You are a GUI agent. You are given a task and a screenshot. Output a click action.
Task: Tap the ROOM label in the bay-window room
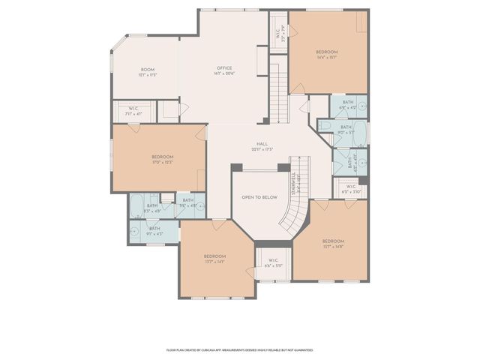(x=147, y=70)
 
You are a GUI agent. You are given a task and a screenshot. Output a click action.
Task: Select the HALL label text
(x=261, y=145)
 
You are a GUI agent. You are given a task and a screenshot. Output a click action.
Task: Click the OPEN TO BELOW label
(x=259, y=197)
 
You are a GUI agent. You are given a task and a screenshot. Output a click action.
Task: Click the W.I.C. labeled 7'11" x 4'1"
(x=133, y=112)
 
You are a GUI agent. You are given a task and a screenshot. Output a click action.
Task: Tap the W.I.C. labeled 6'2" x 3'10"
(x=351, y=189)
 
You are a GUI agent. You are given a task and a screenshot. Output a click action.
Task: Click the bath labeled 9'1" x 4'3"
(x=154, y=231)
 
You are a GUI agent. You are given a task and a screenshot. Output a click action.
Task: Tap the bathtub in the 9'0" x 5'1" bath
(x=361, y=133)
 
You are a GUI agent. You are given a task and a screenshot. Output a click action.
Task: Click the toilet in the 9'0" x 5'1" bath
(x=324, y=127)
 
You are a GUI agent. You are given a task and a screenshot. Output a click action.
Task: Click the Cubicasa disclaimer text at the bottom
(x=239, y=349)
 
